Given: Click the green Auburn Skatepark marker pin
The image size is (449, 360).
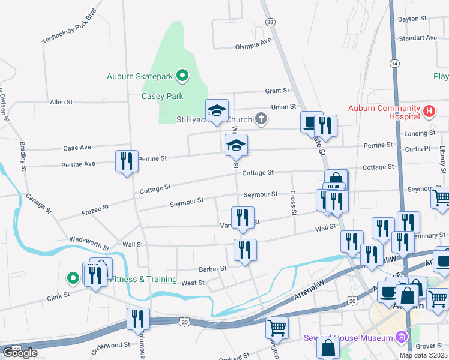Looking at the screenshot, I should tap(183, 76).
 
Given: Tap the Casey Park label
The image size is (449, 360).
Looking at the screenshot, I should tap(162, 96).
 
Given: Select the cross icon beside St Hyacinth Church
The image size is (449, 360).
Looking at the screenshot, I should tap(260, 118).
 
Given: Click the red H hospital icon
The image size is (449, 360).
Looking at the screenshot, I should tap(429, 111).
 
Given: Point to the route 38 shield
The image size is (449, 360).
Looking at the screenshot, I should tap(271, 22).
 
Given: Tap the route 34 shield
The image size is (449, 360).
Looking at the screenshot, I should tap(394, 63).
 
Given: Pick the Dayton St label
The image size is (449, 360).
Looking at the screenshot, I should tap(412, 19).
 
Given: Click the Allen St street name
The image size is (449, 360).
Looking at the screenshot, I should tap(61, 103).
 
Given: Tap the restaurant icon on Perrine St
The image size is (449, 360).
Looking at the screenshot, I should tap(127, 161).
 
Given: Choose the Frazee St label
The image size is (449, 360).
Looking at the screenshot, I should tap(95, 209).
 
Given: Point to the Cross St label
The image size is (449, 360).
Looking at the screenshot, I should tap(293, 203).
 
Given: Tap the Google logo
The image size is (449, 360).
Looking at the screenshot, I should tap(20, 353).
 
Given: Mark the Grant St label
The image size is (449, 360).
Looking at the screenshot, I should tap(277, 91).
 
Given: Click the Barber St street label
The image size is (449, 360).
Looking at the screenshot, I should tap(214, 269).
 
